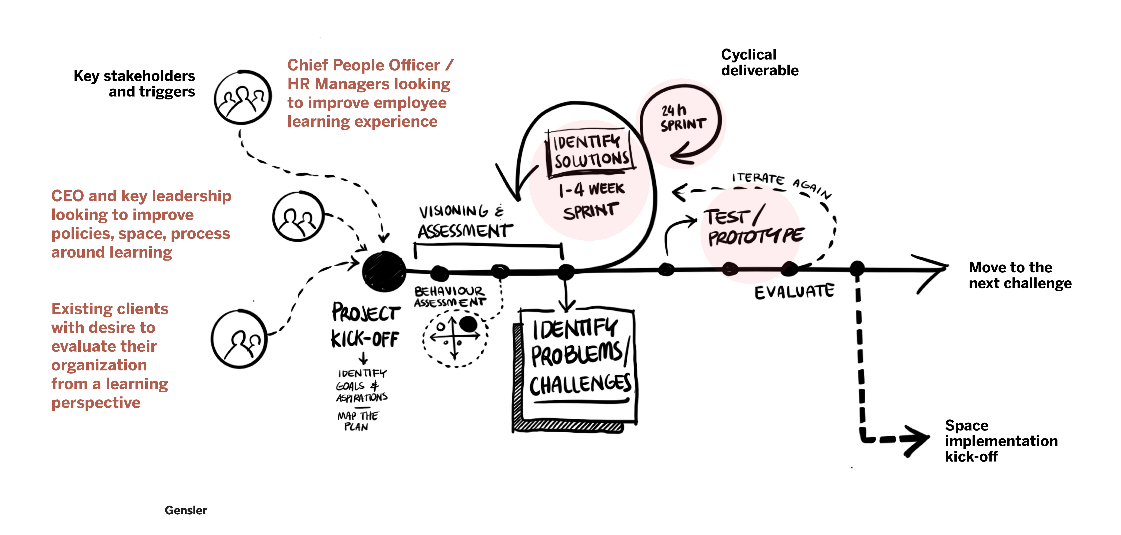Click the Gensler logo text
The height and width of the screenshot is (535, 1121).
point(186,510)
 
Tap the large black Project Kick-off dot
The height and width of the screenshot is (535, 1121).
point(384,271)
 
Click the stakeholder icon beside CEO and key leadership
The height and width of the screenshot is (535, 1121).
point(299,216)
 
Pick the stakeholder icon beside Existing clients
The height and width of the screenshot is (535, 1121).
point(239,339)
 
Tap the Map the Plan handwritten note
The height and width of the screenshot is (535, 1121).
point(358,421)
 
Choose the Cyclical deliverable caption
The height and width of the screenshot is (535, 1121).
point(759,62)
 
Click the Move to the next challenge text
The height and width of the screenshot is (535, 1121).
point(1020,275)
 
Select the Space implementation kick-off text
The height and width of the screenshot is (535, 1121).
point(1001,441)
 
